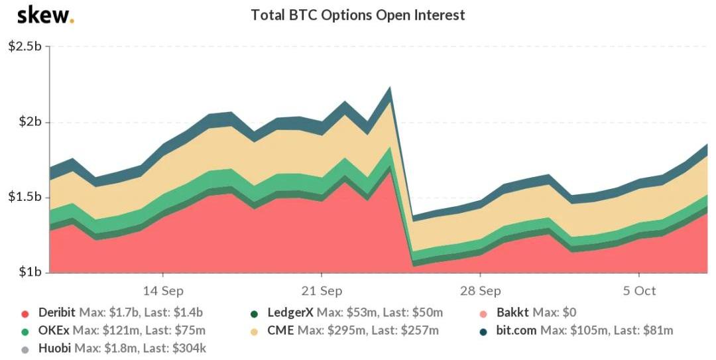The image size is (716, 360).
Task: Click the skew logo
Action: [45, 15]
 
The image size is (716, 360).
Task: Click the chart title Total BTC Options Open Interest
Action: [358, 15]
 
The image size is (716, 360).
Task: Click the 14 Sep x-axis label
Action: [163, 291]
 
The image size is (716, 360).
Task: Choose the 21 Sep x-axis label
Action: [322, 291]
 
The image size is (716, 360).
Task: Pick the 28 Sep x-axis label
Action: [480, 291]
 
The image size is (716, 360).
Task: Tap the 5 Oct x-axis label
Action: [639, 291]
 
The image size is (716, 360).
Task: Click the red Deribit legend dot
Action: [25, 314]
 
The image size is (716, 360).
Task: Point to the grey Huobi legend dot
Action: [25, 347]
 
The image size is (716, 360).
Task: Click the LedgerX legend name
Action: [290, 313]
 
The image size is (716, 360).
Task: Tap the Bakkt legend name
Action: [513, 313]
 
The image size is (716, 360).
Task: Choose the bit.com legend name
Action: [517, 330]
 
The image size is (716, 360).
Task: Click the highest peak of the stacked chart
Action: [390, 88]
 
